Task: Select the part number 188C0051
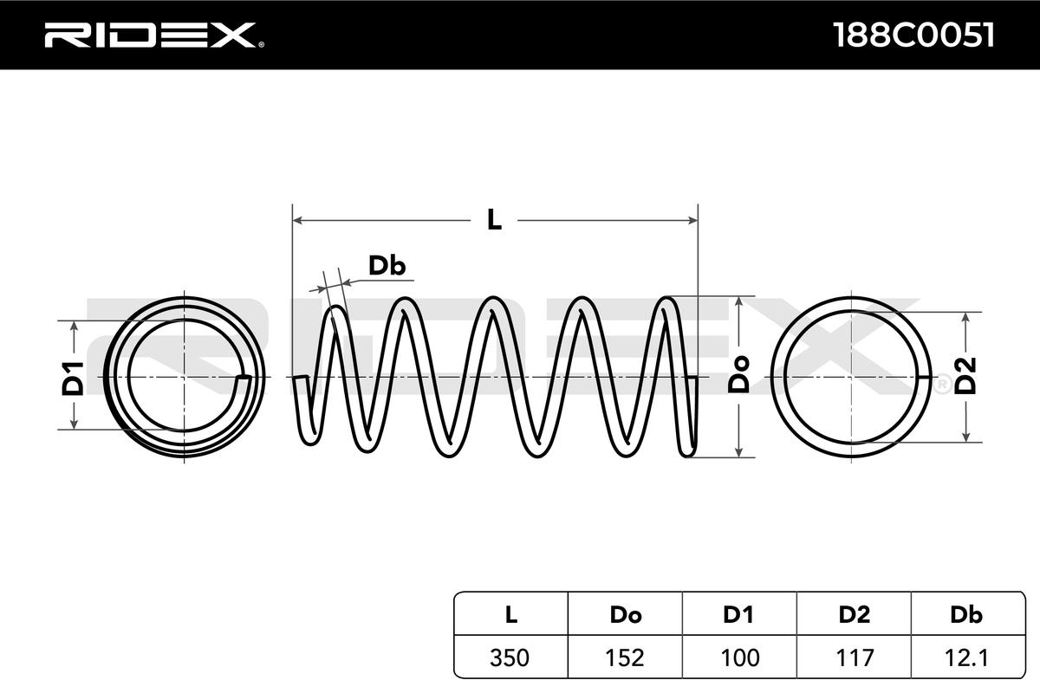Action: click(913, 35)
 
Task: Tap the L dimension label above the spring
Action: click(494, 220)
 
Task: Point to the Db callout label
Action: click(387, 266)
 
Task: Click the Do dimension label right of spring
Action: click(738, 374)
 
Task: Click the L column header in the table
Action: click(510, 615)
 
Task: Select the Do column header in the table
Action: click(625, 615)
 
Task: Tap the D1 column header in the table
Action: click(739, 615)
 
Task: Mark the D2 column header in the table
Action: click(855, 615)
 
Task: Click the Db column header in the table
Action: click(966, 615)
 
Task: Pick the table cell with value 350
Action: click(510, 657)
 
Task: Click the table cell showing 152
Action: click(625, 657)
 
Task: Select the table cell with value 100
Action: click(739, 657)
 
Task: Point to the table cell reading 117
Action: click(855, 657)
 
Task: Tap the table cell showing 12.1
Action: click(966, 657)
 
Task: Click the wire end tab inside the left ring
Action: click(244, 378)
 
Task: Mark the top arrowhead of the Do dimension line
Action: click(738, 301)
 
